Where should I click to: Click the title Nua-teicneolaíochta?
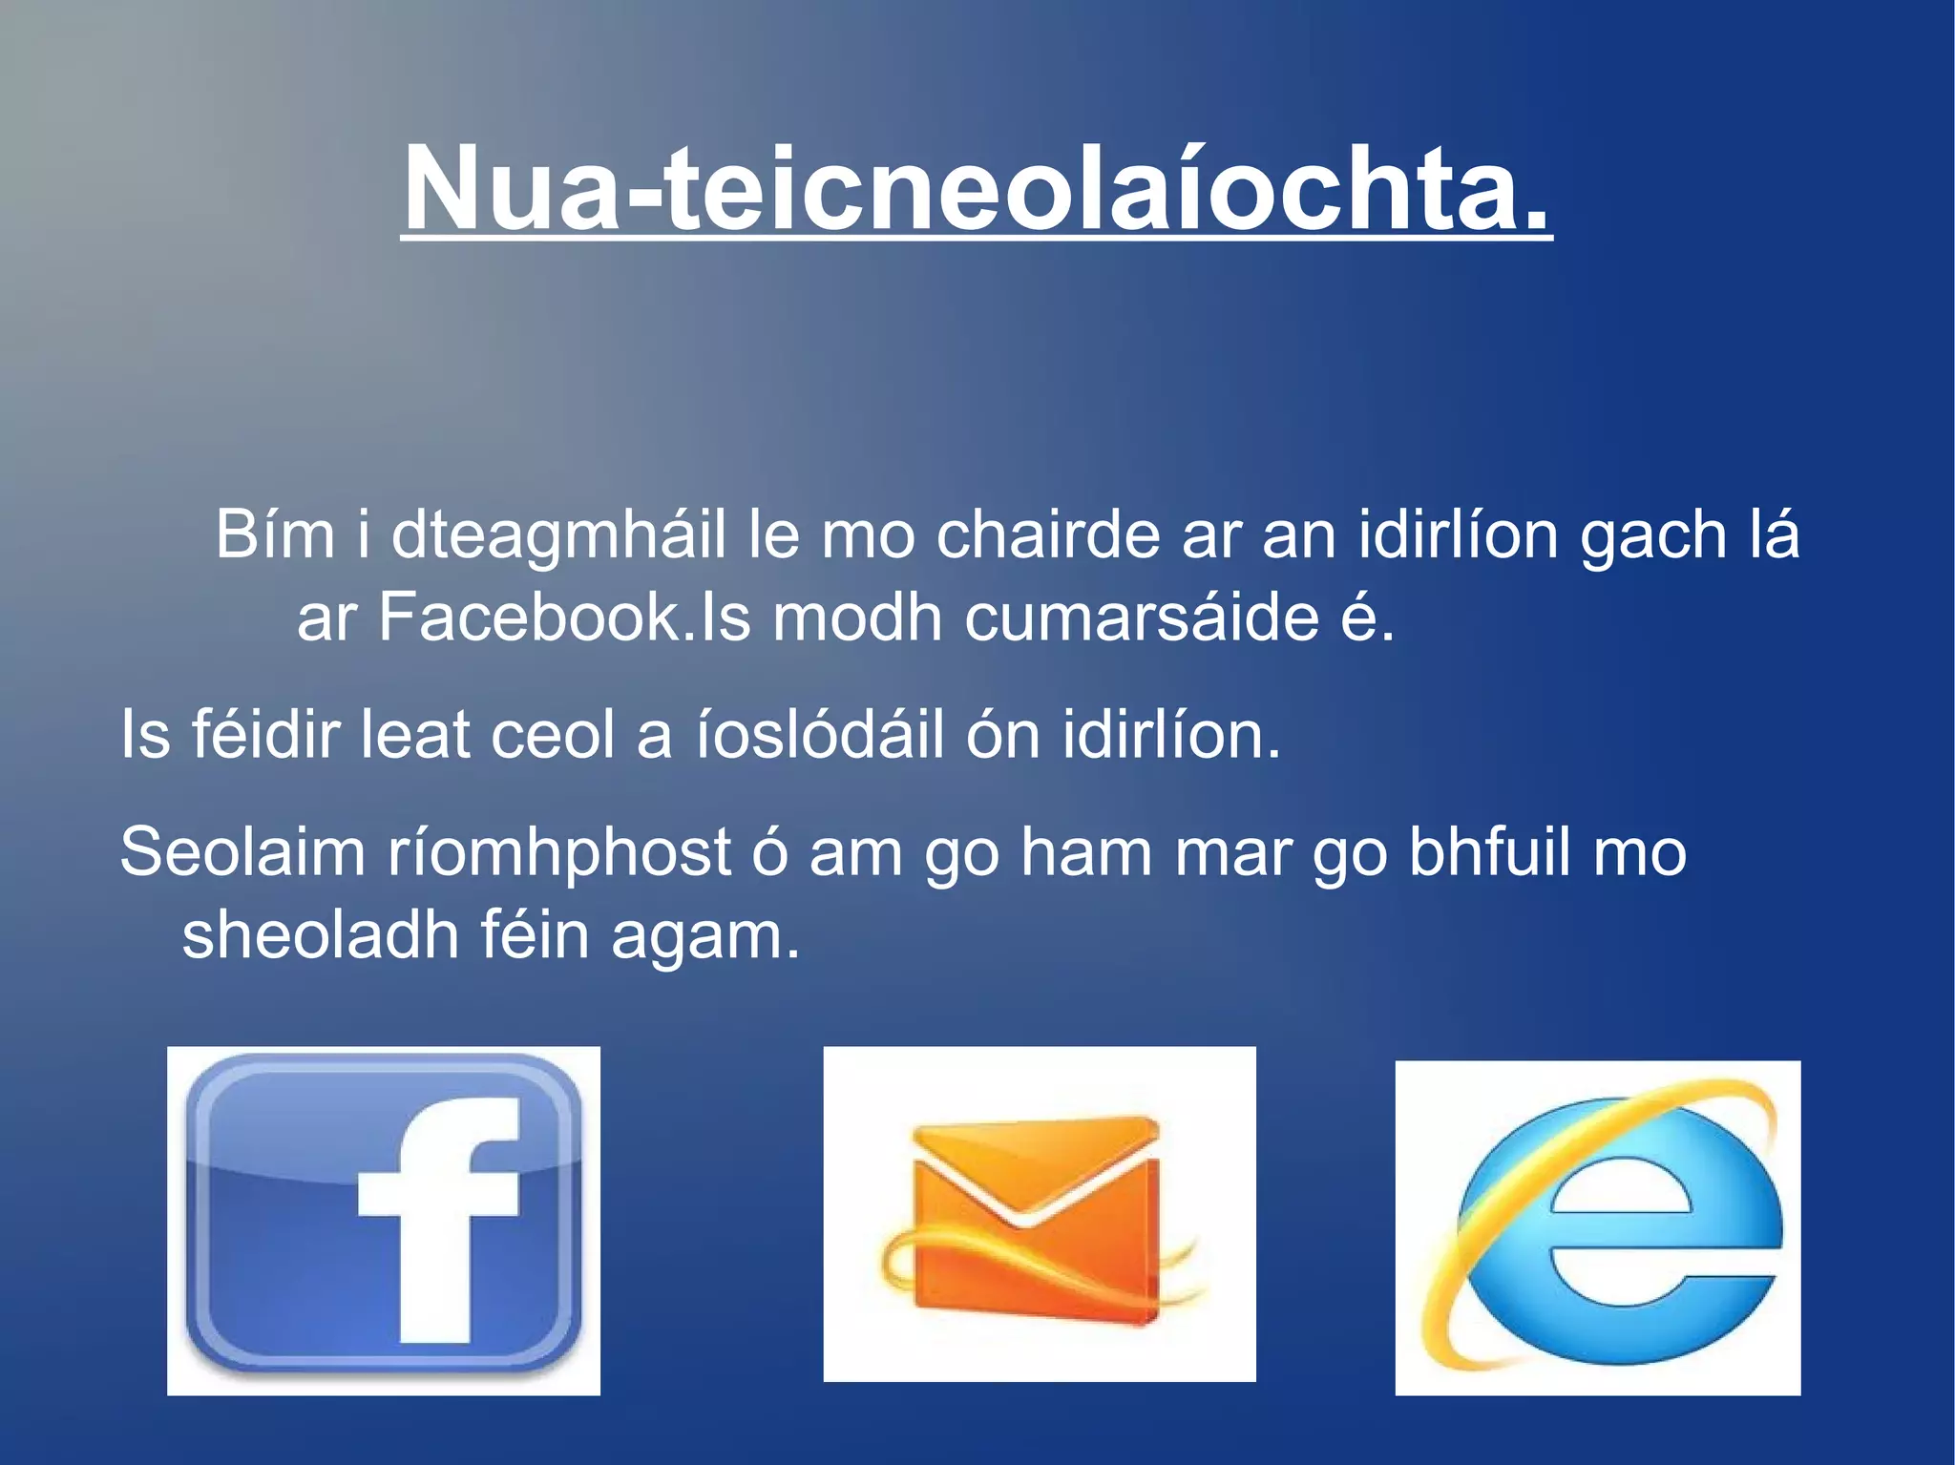(976, 187)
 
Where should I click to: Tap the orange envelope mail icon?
(1039, 1214)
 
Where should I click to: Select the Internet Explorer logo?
(1597, 1227)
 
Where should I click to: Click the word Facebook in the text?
(530, 617)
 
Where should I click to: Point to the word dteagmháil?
(558, 534)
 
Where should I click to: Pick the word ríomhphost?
(558, 852)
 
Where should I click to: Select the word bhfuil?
(1490, 852)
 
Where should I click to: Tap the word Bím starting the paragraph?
(275, 534)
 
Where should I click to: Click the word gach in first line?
(1653, 536)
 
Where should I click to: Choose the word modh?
(857, 617)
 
